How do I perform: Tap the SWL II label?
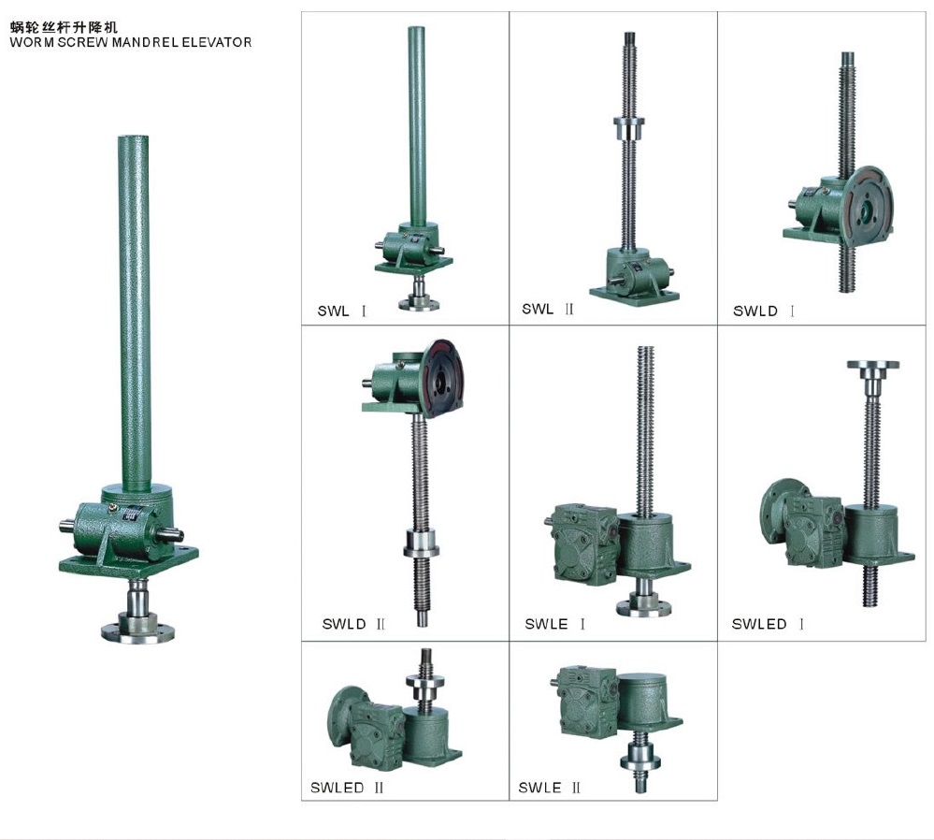(548, 309)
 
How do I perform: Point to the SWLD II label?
(353, 623)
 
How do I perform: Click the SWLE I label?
(555, 624)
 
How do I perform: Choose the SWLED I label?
(768, 624)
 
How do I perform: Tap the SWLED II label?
(347, 788)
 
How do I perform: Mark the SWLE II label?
(550, 788)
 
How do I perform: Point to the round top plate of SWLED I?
(872, 365)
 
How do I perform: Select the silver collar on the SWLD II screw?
(422, 542)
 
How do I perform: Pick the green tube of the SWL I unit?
(416, 122)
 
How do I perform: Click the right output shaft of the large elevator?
(178, 533)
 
